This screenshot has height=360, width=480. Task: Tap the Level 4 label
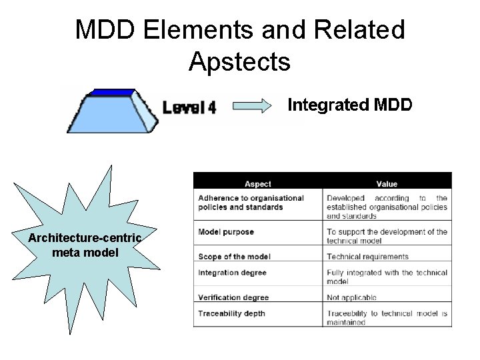(x=190, y=107)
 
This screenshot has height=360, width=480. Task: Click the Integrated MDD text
(x=349, y=105)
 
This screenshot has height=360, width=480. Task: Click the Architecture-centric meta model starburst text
(x=85, y=245)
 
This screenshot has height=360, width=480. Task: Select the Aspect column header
(x=257, y=184)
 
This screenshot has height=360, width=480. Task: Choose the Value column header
(x=386, y=184)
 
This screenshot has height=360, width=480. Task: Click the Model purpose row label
(x=226, y=232)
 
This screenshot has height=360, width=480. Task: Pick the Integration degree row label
(x=232, y=273)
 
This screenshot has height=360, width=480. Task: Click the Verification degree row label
(x=233, y=297)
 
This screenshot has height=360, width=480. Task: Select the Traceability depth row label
(x=231, y=313)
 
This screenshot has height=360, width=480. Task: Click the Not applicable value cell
(x=351, y=297)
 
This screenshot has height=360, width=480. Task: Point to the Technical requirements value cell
(x=367, y=257)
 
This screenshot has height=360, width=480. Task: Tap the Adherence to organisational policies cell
(x=251, y=202)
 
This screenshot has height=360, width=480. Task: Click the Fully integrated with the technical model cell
(x=387, y=277)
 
